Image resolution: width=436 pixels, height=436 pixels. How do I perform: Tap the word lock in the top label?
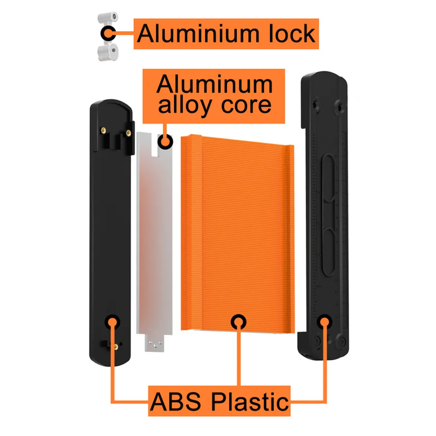coord(292,34)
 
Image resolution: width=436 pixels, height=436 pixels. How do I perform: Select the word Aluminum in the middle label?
coord(215,84)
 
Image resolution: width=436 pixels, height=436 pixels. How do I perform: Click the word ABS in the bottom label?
coord(175,402)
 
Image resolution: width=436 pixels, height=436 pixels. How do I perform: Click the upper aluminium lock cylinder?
coord(108,18)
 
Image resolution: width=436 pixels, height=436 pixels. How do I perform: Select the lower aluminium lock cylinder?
coord(108,52)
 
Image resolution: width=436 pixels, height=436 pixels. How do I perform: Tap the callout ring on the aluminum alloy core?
coord(165,141)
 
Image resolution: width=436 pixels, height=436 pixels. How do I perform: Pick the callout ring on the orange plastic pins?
coord(238,322)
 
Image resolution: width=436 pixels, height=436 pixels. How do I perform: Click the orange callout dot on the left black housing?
coord(112,322)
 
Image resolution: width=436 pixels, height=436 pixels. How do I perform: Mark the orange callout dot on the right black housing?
coord(324,322)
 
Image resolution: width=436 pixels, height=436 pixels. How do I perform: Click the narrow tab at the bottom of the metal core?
coord(154,343)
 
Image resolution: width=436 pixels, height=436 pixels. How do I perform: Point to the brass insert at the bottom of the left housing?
coord(116,347)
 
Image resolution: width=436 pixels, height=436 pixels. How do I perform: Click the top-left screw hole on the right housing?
coord(316,105)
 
